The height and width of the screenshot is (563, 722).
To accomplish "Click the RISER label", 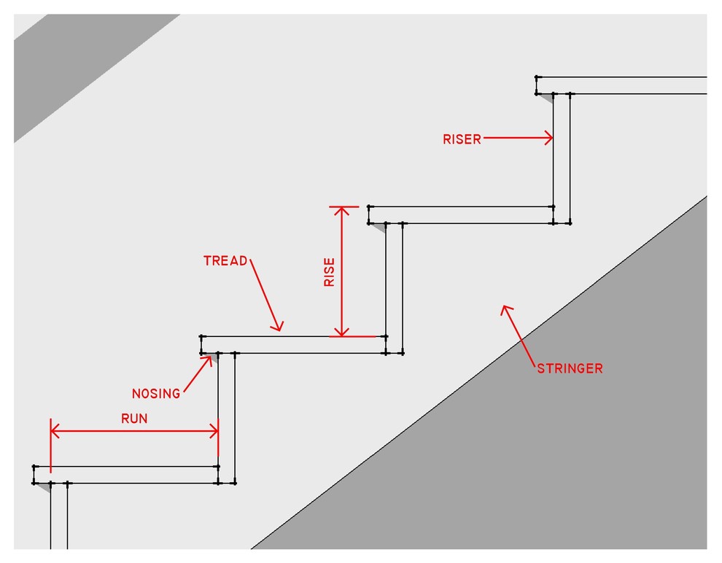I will tap(462, 139).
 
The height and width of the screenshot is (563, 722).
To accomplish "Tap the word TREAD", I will tap(225, 260).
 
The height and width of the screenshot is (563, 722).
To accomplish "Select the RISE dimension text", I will tap(330, 271).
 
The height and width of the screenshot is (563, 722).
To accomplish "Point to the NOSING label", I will tap(156, 394).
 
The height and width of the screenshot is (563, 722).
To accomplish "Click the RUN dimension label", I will tap(134, 418).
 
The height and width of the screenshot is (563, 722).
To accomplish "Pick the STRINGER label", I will tap(570, 368).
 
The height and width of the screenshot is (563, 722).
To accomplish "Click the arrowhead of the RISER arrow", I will tap(549, 138).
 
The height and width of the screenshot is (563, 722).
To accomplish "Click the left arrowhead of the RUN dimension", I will tap(55, 432).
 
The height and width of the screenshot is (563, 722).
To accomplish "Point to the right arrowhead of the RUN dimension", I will tap(214, 432).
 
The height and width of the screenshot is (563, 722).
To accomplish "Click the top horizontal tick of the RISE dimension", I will tap(344, 207).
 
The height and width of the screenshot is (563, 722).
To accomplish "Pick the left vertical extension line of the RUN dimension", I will tap(50, 445).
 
